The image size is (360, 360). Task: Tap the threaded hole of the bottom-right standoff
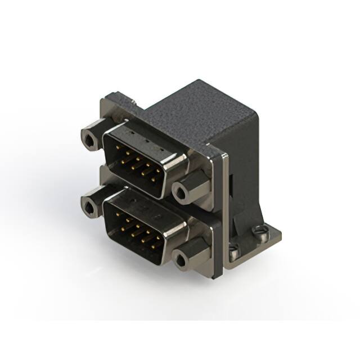pos(181,260)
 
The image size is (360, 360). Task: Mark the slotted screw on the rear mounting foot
pos(259,231)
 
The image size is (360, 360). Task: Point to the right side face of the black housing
pos(247,169)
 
